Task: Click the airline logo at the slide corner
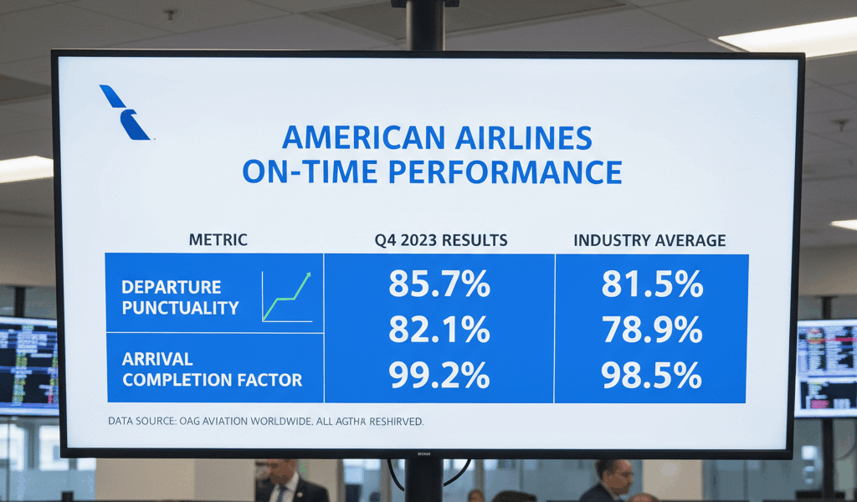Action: (124, 112)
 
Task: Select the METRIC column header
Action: (218, 240)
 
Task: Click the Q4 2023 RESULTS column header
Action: (441, 240)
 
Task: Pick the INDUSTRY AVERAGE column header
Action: (649, 240)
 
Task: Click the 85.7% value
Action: (439, 284)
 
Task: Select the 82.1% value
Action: (439, 330)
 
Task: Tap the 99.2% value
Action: (439, 376)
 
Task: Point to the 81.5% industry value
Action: (651, 284)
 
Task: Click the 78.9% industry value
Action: (651, 330)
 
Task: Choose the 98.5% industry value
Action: (651, 376)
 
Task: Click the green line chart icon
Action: (287, 297)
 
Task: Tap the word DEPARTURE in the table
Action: (171, 287)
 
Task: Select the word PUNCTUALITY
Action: (180, 308)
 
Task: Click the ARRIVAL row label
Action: (157, 359)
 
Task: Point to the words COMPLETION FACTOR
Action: (212, 380)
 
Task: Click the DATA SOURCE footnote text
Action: (265, 422)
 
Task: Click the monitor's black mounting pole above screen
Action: (425, 25)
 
